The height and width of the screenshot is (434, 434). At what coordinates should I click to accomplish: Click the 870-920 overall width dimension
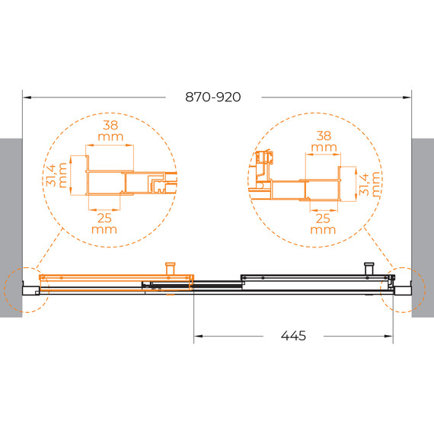213,97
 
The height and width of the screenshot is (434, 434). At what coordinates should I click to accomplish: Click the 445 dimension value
293,336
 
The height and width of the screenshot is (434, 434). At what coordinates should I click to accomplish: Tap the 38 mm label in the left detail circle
110,131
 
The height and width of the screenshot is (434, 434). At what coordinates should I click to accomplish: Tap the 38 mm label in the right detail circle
324,141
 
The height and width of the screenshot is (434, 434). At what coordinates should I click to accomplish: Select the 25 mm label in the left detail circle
104,224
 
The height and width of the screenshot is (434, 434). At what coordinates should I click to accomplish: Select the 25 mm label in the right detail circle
323,224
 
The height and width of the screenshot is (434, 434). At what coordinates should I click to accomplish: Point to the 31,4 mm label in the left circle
56,175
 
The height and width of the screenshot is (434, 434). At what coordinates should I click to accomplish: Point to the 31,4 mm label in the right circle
369,184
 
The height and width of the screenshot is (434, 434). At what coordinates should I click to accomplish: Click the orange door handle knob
171,268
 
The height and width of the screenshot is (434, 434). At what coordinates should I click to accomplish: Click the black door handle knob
369,268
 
